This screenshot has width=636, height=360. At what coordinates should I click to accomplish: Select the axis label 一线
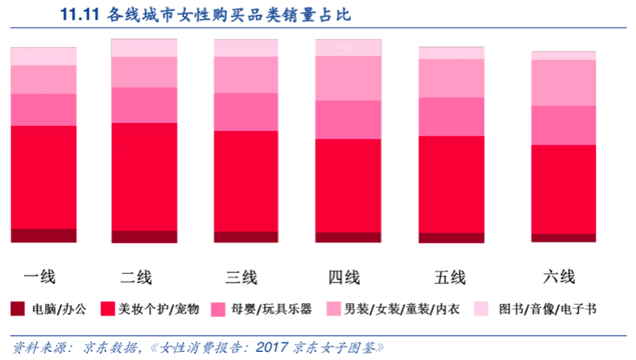tap(40, 278)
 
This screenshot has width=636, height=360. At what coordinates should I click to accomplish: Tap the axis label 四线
tap(344, 278)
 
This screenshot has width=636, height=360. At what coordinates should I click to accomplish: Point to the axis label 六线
tap(559, 278)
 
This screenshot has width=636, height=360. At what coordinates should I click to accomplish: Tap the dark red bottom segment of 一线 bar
tap(43, 236)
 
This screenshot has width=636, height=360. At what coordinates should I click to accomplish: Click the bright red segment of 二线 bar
tap(144, 177)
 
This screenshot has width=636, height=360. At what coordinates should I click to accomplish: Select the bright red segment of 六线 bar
tap(563, 189)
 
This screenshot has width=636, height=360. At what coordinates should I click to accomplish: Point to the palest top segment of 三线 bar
tap(246, 48)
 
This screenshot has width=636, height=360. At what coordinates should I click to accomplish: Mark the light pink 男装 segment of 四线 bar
tap(348, 78)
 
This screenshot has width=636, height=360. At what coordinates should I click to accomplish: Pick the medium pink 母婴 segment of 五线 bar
tap(451, 116)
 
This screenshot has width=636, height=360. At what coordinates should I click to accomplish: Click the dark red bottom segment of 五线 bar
tap(451, 238)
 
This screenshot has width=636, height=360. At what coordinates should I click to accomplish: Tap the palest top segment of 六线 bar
tap(563, 55)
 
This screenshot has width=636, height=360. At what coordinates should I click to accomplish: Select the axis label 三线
tap(241, 278)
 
